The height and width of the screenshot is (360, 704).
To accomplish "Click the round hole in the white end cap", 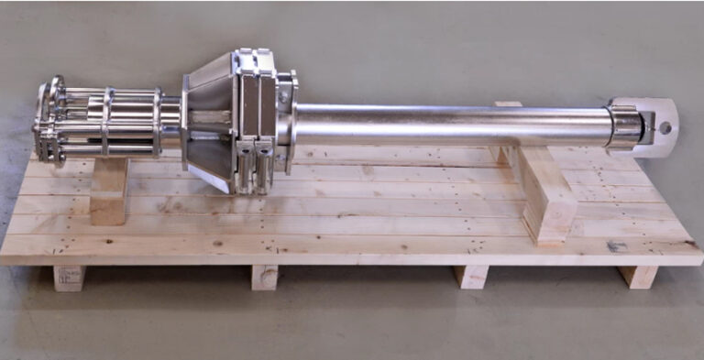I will pos(665,127).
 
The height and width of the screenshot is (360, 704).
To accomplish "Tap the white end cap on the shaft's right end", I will pos(656,128).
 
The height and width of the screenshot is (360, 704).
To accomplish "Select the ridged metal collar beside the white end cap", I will pos(624,125).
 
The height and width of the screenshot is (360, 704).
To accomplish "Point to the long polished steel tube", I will pos(449,125).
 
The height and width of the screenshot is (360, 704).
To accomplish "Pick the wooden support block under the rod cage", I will pos(109,191).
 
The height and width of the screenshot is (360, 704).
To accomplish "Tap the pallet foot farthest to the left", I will pos(69,278).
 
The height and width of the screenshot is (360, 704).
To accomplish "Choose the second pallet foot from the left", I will pos(264,277).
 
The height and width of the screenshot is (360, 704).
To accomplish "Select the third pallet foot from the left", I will pos(471,277).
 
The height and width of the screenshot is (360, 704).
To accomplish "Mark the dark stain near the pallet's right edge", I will pos(617,245).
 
